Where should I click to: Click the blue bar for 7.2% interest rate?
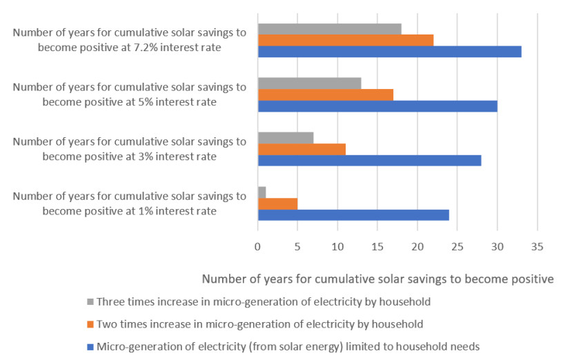tap(389, 52)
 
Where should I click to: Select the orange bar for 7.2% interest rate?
tap(345, 41)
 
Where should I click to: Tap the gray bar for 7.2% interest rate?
tap(329, 29)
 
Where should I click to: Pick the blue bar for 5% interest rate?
tap(377, 106)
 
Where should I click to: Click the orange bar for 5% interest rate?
tap(325, 94)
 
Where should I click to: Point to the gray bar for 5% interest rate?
tap(309, 83)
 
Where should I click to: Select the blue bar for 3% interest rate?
tap(369, 160)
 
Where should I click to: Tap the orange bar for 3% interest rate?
tap(302, 149)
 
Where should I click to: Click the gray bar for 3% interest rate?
tap(285, 137)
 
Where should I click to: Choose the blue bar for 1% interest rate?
tap(353, 214)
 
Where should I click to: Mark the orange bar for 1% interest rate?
tap(277, 203)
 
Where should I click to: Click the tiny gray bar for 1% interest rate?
tap(261, 192)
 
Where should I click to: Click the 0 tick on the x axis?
tap(257, 246)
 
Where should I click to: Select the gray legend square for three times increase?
tap(90, 302)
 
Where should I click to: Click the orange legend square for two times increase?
tap(90, 323)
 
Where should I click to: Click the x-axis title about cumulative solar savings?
tap(378, 279)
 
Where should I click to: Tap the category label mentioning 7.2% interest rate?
tap(129, 40)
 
